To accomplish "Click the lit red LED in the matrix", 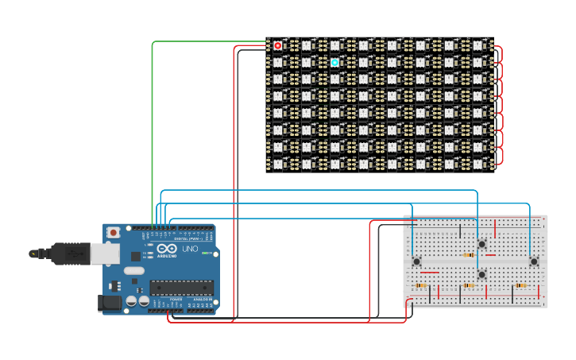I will point(277,45).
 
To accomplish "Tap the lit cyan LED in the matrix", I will point(334,62).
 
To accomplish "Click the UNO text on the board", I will point(191,249).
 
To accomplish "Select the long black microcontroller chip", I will point(181,287).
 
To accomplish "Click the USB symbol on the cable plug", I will point(75,254).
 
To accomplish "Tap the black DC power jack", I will point(109,302).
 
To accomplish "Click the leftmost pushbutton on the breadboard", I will point(416,261).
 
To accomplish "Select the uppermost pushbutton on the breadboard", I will point(481,243).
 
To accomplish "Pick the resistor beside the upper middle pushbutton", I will point(469,255).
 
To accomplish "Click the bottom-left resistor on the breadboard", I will point(422,285).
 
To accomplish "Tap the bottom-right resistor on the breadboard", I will point(520,285).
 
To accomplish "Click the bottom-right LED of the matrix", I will point(478,163).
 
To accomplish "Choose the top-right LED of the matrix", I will point(478,45).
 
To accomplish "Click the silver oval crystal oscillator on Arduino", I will point(134,270).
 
